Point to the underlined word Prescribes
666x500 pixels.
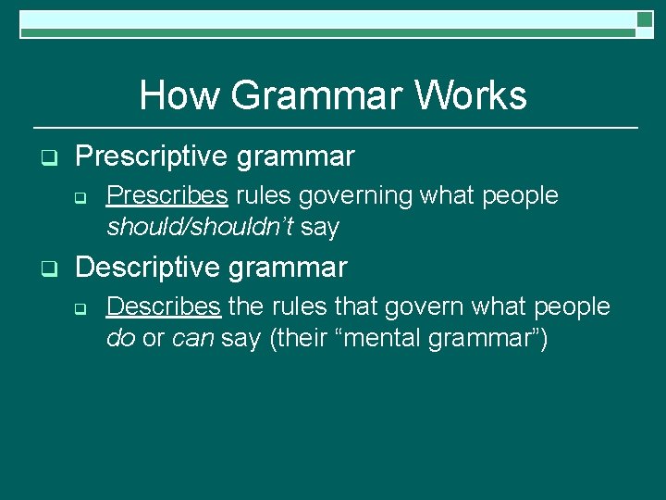click(168, 195)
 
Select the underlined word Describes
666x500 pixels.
click(164, 306)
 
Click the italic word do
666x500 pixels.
click(121, 338)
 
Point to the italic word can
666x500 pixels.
click(193, 338)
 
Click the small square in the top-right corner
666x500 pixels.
click(645, 19)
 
